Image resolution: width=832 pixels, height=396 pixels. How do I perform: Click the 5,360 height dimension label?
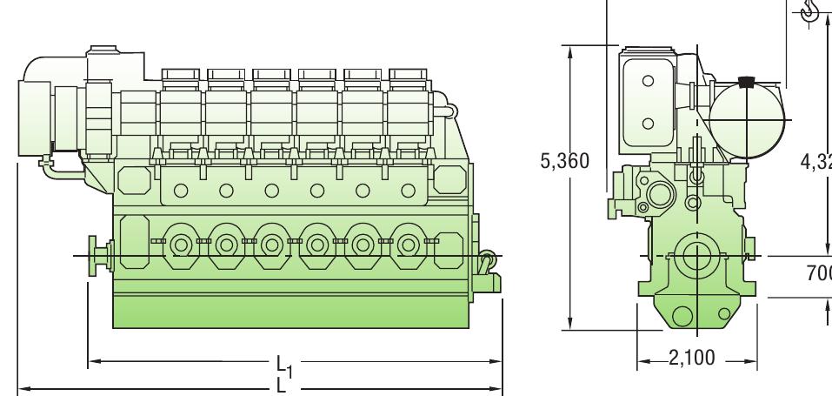tap(565, 161)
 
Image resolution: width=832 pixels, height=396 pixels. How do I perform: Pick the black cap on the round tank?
tap(743, 84)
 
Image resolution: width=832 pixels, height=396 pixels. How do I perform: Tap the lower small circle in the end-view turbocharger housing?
tap(648, 123)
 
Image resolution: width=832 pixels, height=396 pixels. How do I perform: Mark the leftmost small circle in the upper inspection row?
tap(181, 189)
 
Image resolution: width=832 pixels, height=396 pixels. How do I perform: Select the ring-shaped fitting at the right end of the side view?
tap(488, 258)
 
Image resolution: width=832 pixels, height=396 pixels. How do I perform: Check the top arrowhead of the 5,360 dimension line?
tap(569, 50)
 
